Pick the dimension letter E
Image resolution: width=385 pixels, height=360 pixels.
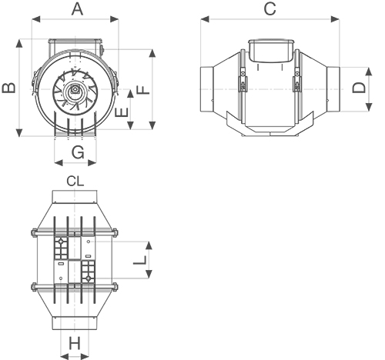(x=122, y=112)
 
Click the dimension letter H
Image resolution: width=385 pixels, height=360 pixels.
(x=75, y=343)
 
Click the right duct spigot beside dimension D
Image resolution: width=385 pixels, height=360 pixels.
(x=333, y=87)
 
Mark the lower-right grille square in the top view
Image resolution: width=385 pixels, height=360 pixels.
(x=88, y=272)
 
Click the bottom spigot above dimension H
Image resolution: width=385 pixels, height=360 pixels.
(x=75, y=323)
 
